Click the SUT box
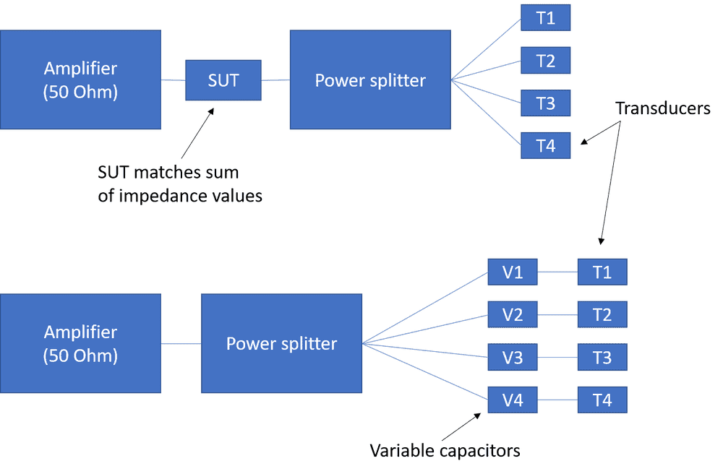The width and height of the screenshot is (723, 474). (223, 79)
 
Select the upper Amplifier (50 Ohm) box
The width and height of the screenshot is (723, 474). (80, 79)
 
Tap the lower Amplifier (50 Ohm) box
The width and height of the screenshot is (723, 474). (80, 343)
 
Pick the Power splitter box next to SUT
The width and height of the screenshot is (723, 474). (369, 79)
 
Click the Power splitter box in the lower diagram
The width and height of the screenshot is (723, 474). (281, 343)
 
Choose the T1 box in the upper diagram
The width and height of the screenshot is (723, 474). (545, 19)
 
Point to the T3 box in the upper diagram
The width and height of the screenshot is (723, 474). (545, 103)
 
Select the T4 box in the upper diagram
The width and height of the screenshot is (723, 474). (545, 145)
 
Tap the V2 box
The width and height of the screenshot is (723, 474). (513, 314)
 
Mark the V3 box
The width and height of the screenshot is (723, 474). (513, 357)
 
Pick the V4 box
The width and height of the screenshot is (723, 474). (513, 400)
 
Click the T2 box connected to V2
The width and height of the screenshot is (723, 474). (602, 314)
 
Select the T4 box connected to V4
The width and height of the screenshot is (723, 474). (602, 400)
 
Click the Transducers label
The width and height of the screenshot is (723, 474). (663, 109)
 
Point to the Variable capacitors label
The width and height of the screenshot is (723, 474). (445, 451)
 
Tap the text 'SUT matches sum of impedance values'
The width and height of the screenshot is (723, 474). (179, 184)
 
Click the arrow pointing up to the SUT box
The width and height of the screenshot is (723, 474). (197, 133)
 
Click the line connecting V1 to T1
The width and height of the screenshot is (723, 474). (559, 272)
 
